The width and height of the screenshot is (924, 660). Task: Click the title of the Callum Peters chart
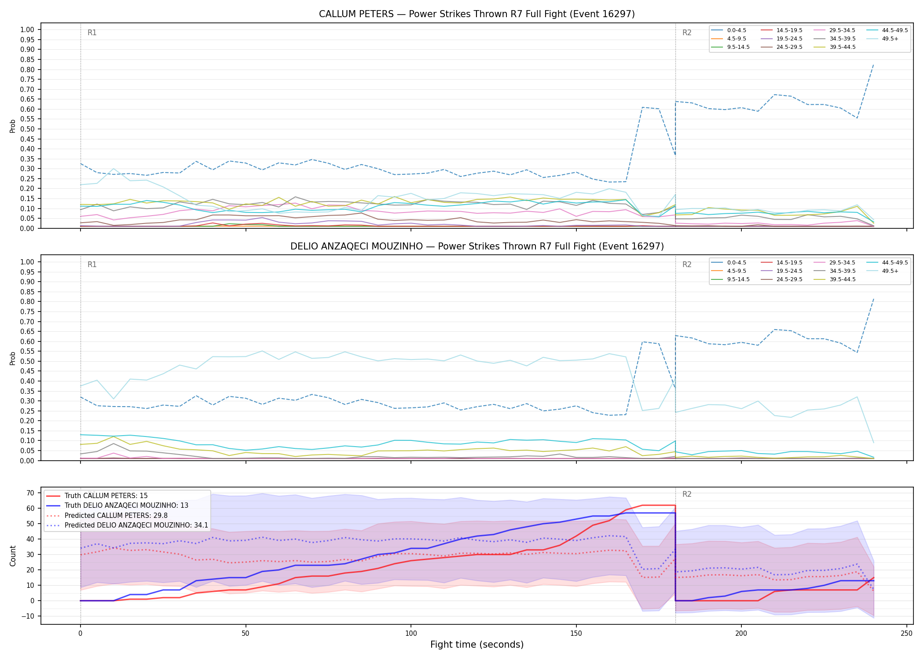pyautogui.click(x=477, y=14)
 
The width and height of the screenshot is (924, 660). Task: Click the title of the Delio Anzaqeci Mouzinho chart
pyautogui.click(x=477, y=246)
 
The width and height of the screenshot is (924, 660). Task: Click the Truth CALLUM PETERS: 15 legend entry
pyautogui.click(x=97, y=496)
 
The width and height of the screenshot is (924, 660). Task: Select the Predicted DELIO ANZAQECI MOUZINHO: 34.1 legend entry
pyautogui.click(x=127, y=525)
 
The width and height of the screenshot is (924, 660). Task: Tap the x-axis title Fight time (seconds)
pyautogui.click(x=477, y=645)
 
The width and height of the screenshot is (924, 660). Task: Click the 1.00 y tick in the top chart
pyautogui.click(x=27, y=30)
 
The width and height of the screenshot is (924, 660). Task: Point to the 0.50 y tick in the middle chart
pyautogui.click(x=27, y=361)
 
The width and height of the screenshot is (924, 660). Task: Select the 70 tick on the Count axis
pyautogui.click(x=30, y=493)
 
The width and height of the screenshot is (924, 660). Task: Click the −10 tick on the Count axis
pyautogui.click(x=27, y=616)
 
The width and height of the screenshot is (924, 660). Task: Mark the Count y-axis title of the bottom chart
pyautogui.click(x=13, y=556)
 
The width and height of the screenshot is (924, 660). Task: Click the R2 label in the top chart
pyautogui.click(x=687, y=33)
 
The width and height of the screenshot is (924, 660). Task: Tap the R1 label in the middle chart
pyautogui.click(x=92, y=264)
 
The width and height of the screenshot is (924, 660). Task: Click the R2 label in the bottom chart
pyautogui.click(x=687, y=494)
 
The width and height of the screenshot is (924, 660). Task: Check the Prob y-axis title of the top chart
pyautogui.click(x=13, y=126)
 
